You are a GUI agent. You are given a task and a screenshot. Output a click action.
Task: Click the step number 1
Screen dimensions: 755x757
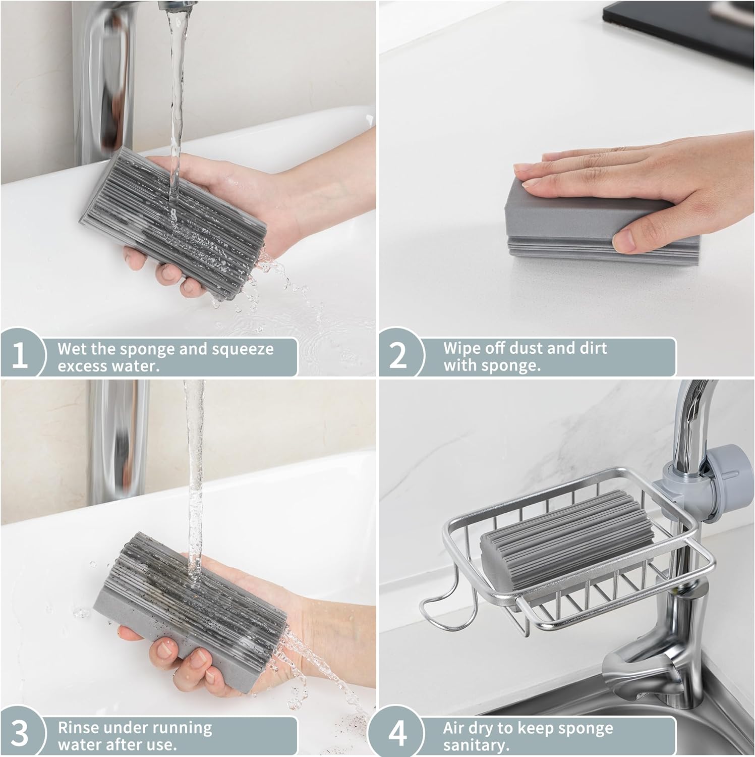click(x=19, y=355)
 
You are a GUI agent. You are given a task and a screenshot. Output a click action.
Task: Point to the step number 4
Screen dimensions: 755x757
click(x=398, y=734)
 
